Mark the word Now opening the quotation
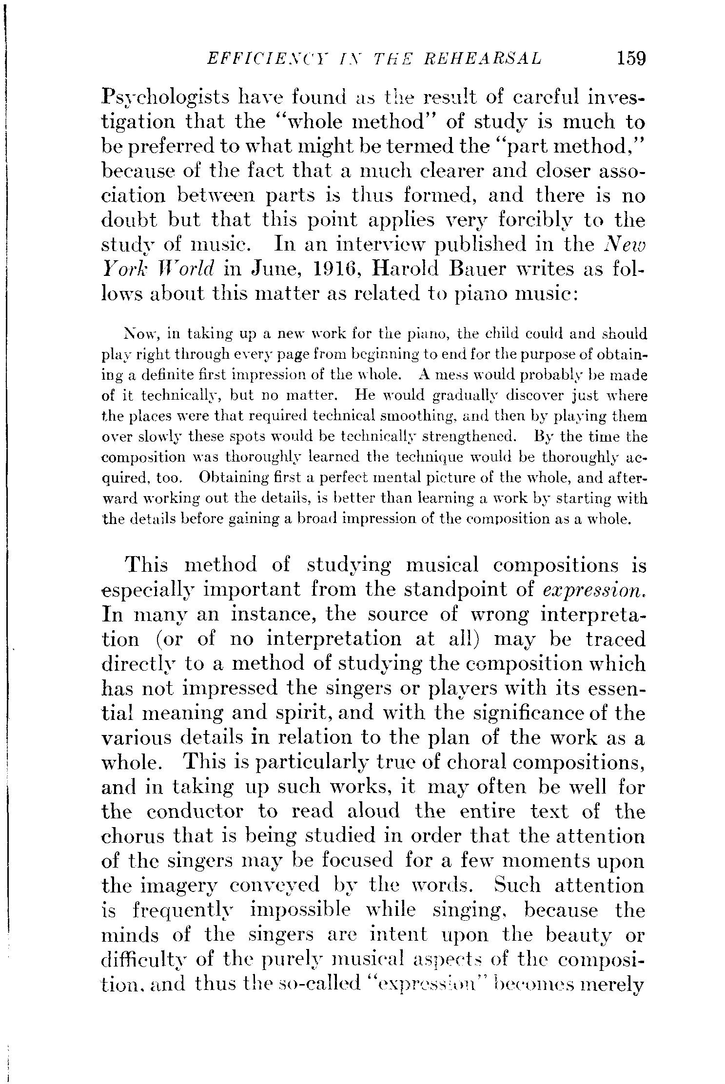[140, 335]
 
